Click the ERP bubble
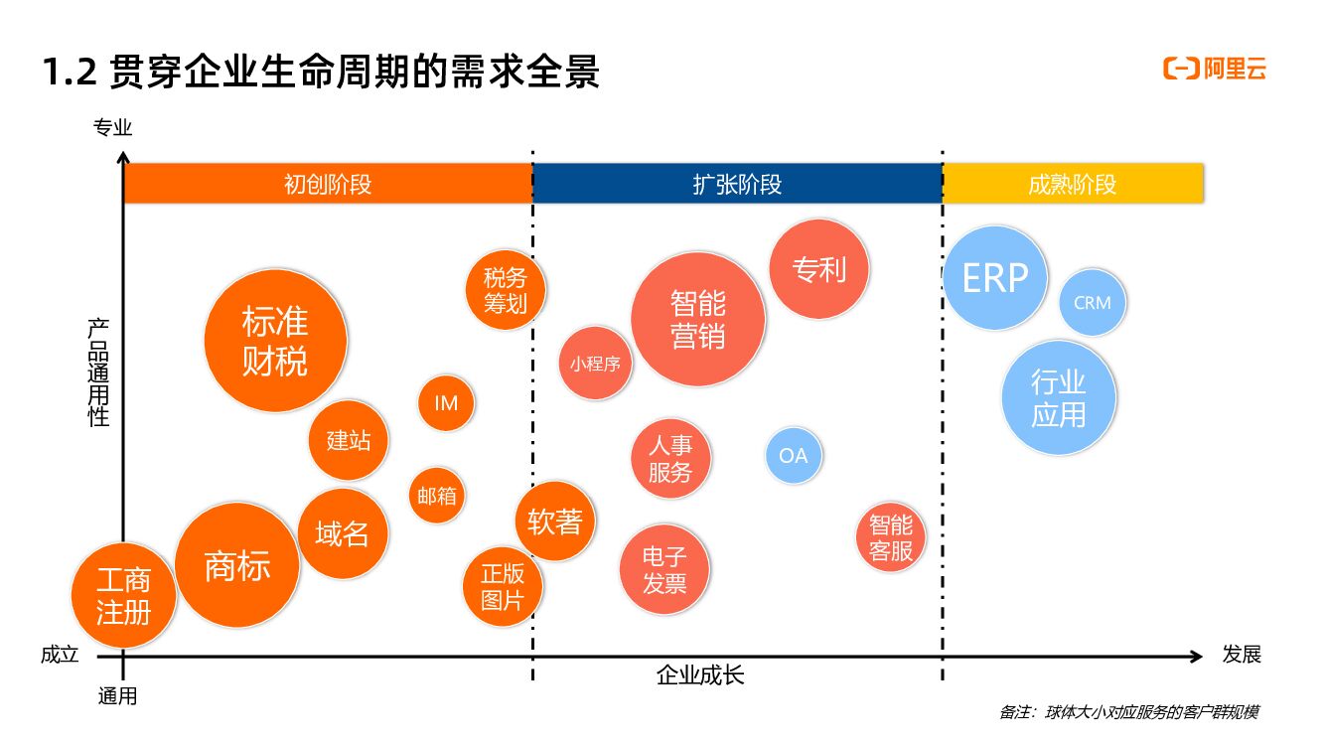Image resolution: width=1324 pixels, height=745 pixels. pyautogui.click(x=995, y=278)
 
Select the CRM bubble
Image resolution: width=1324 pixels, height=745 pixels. pyautogui.click(x=1093, y=303)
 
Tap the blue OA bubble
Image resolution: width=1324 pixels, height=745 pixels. pyautogui.click(x=794, y=456)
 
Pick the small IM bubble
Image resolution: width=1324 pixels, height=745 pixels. pyautogui.click(x=446, y=402)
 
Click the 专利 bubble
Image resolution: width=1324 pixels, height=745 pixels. pyautogui.click(x=819, y=269)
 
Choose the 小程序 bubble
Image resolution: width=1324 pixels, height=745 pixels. pyautogui.click(x=596, y=364)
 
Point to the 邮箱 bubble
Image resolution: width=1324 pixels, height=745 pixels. pyautogui.click(x=437, y=495)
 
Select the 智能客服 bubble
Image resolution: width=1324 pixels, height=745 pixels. pyautogui.click(x=891, y=537)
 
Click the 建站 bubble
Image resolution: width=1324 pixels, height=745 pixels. pyautogui.click(x=349, y=439)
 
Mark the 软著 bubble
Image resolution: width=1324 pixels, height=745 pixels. pyautogui.click(x=555, y=521)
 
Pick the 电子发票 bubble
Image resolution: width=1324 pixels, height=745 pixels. pyautogui.click(x=665, y=569)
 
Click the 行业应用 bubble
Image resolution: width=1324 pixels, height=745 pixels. pyautogui.click(x=1059, y=397)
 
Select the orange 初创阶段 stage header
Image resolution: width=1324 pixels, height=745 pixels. pyautogui.click(x=328, y=184)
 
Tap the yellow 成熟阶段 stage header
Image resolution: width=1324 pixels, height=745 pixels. pyautogui.click(x=1073, y=184)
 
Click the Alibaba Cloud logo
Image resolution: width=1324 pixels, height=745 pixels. pyautogui.click(x=1215, y=69)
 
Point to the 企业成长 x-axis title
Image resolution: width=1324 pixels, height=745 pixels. pyautogui.click(x=700, y=676)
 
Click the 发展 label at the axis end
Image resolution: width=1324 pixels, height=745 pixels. pyautogui.click(x=1242, y=655)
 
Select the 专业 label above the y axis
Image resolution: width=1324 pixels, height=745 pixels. pyautogui.click(x=112, y=128)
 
